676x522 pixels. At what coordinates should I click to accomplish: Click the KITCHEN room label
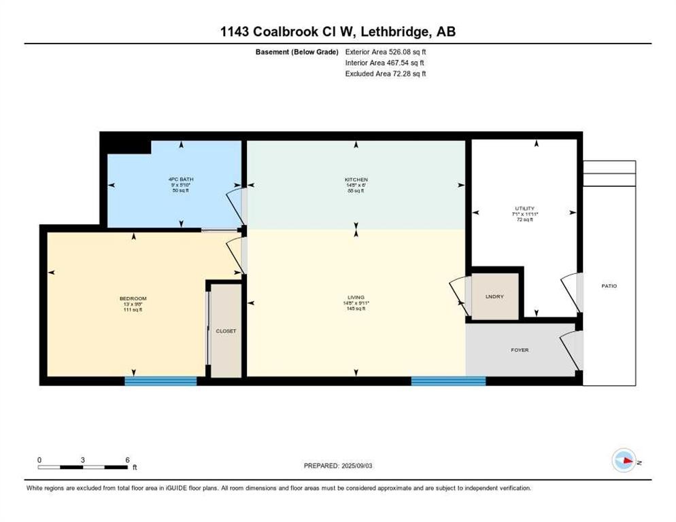(x=356, y=180)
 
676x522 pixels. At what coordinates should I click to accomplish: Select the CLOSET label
(x=226, y=331)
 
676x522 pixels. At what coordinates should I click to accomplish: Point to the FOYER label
(x=520, y=350)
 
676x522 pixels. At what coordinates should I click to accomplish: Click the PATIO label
(x=609, y=286)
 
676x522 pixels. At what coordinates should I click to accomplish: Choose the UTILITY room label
(x=524, y=208)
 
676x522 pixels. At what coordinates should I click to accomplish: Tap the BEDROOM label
(x=133, y=298)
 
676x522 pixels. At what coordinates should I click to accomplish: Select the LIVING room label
(x=356, y=297)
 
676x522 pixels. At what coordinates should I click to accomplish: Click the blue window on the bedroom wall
(x=160, y=381)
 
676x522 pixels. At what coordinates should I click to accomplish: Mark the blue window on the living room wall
(x=448, y=381)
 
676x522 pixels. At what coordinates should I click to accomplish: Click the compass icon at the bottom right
(x=624, y=461)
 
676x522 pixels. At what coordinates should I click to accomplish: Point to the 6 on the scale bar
(x=127, y=459)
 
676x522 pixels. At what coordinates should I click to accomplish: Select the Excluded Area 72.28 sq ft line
(x=385, y=73)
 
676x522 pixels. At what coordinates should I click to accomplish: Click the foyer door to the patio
(x=570, y=350)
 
